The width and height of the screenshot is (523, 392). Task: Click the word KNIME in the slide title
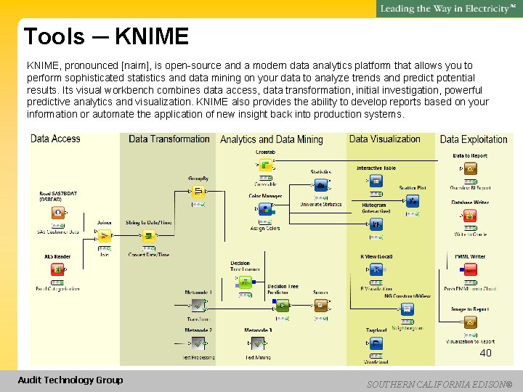151,36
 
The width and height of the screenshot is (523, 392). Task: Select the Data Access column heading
55,139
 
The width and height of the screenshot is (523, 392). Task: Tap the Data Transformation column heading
169,139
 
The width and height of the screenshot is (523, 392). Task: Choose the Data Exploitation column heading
474,139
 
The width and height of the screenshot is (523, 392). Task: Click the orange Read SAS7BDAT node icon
58,213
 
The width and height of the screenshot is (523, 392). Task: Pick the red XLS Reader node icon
57,270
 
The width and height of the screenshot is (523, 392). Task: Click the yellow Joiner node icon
105,236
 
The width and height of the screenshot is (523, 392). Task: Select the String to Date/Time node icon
149,236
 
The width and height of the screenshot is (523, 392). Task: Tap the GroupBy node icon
198,192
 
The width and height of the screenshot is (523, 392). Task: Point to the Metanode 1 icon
198,306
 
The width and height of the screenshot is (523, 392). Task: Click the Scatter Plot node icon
413,201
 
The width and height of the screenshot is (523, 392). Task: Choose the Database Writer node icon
470,216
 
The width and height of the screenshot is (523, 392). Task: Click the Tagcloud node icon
376,344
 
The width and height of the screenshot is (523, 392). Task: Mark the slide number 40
485,353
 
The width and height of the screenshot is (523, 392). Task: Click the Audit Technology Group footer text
70,380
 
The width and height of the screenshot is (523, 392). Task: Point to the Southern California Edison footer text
439,383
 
